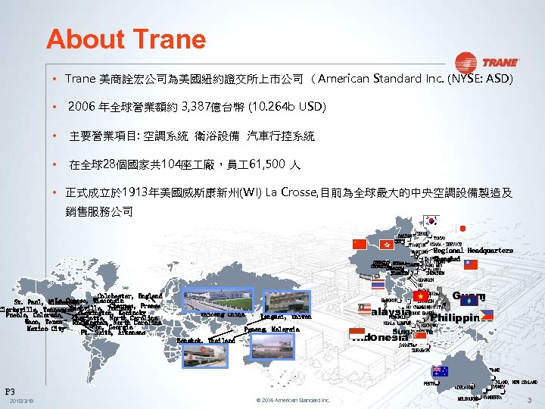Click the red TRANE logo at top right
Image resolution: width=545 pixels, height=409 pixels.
pyautogui.click(x=486, y=62)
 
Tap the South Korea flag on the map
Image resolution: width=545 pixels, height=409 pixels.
pyautogui.click(x=432, y=221)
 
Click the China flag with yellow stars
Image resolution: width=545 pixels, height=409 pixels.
pyautogui.click(x=360, y=244)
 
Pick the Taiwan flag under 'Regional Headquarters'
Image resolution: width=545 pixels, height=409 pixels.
pyautogui.click(x=471, y=264)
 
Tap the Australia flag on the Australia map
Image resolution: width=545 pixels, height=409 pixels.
pyautogui.click(x=439, y=371)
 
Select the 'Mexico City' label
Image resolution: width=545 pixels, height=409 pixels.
pyautogui.click(x=47, y=329)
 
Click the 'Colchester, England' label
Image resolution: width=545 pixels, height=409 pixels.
pyautogui.click(x=129, y=295)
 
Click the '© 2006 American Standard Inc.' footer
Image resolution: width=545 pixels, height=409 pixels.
pyautogui.click(x=291, y=400)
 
